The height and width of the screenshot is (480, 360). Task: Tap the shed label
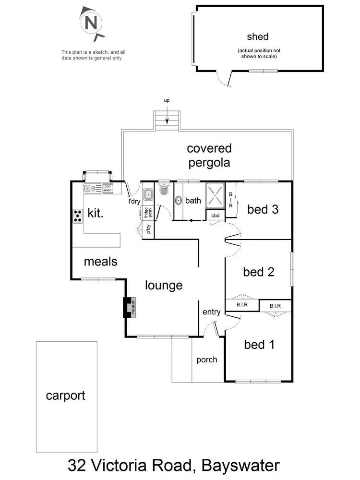[x=257, y=36]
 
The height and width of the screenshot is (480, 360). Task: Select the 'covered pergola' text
[x=209, y=155]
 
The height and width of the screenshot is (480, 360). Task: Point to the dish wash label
[x=107, y=188]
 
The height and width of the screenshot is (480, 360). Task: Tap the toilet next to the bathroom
[x=163, y=190]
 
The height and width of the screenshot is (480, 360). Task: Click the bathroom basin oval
[x=178, y=201]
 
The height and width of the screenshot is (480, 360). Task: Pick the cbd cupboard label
[x=216, y=216]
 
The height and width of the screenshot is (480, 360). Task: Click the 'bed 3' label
[x=263, y=209]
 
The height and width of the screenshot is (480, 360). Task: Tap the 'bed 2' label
[x=259, y=272]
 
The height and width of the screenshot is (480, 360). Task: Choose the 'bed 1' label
[x=259, y=344]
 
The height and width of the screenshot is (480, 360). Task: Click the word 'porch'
[x=207, y=360]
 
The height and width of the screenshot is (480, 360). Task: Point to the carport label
[x=65, y=396]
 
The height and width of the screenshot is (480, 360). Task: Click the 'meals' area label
[x=101, y=262]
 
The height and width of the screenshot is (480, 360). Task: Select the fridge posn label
[x=148, y=212]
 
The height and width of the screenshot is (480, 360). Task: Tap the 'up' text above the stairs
[x=167, y=100]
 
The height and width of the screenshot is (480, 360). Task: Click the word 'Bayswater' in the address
[x=240, y=465]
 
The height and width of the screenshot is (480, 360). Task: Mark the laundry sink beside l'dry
[x=148, y=195]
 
